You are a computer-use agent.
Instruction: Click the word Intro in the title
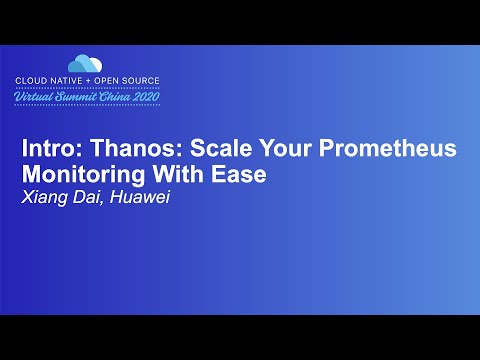coord(46,149)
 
